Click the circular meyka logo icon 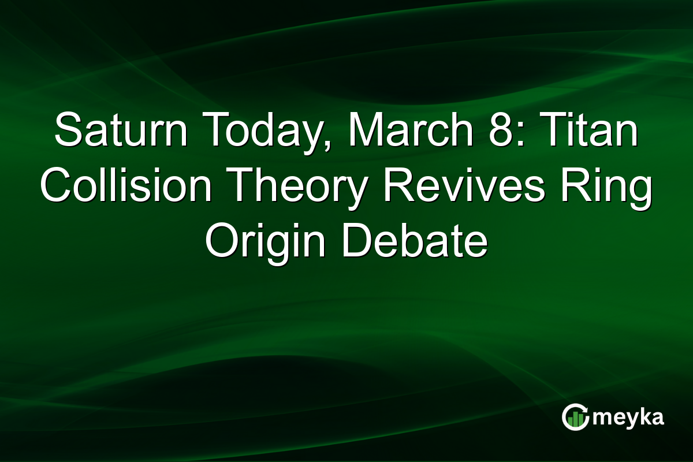[575, 417]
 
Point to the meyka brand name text [628, 418]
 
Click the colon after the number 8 [520, 133]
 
